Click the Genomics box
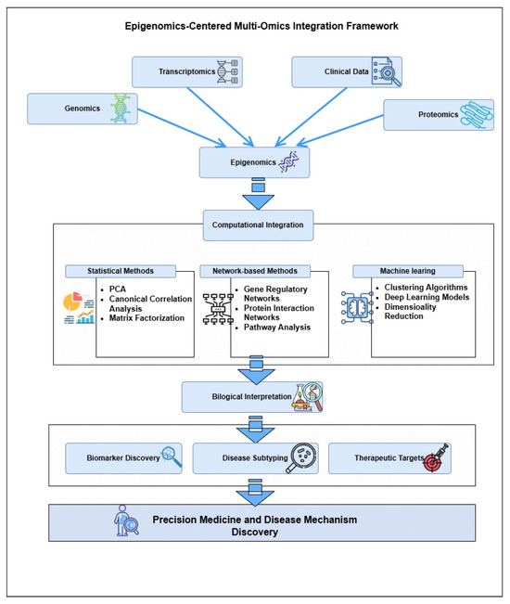[x=83, y=109]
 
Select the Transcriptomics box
[x=187, y=72]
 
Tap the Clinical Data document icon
[x=386, y=71]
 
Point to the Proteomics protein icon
[x=477, y=115]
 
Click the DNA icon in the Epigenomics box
[x=288, y=161]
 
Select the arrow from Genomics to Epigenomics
[x=182, y=128]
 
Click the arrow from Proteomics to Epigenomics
[x=340, y=130]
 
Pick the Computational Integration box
[x=259, y=225]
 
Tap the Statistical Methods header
[x=121, y=271]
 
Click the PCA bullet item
[x=118, y=289]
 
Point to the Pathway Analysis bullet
[x=277, y=328]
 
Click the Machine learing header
[x=408, y=271]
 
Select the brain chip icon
[x=357, y=307]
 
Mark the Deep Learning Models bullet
[x=427, y=298]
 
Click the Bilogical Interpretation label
[x=251, y=397]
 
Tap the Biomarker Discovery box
[x=123, y=458]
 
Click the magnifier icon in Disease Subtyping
[x=301, y=457]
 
